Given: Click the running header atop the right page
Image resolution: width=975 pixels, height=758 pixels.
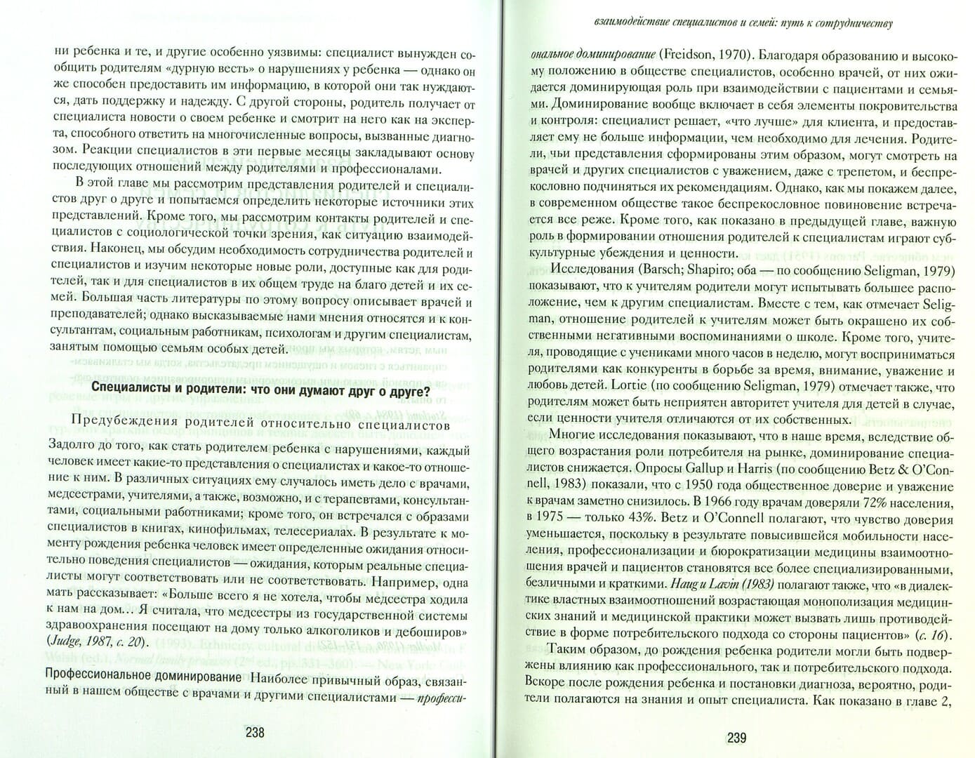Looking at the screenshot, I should (738, 24).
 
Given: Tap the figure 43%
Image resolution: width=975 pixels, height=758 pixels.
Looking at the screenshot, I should (644, 519).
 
